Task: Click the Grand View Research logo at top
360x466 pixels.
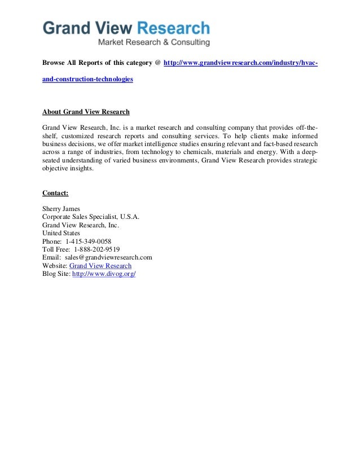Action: (126, 28)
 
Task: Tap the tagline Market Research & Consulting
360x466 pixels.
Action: (154, 42)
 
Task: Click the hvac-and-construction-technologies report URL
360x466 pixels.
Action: (240, 63)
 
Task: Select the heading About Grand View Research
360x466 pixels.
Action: (86, 111)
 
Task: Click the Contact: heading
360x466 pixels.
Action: (55, 193)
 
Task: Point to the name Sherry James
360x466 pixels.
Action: (61, 209)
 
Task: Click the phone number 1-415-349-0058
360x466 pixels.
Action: (89, 241)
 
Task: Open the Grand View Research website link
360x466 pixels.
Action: (100, 265)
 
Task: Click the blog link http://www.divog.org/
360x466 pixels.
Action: (104, 274)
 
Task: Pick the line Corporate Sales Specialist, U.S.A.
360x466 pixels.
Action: (91, 217)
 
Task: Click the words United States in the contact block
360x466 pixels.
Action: (61, 233)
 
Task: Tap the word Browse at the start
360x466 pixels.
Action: (55, 63)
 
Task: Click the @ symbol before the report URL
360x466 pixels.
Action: (157, 63)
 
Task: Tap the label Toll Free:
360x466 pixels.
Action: (56, 249)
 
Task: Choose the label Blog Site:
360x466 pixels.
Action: (56, 274)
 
